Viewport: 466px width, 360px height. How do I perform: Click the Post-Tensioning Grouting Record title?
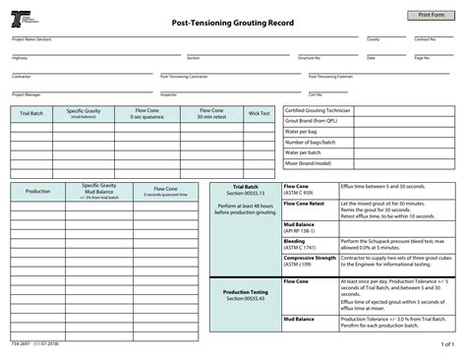[x=234, y=22]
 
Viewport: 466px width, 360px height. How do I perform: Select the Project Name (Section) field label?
[x=31, y=39]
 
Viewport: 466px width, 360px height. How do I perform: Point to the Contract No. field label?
[x=425, y=39]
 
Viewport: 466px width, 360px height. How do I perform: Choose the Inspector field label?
[x=169, y=94]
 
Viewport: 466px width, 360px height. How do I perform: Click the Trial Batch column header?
[x=32, y=114]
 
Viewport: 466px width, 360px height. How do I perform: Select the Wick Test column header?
[x=259, y=114]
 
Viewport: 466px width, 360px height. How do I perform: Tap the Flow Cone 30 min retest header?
[x=211, y=114]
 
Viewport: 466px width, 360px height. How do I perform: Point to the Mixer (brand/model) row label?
[x=308, y=162]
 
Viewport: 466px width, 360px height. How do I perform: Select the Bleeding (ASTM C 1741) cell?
[x=296, y=242]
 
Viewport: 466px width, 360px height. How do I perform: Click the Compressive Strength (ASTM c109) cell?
[x=310, y=261]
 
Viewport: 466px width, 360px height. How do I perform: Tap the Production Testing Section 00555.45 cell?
[x=245, y=295]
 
